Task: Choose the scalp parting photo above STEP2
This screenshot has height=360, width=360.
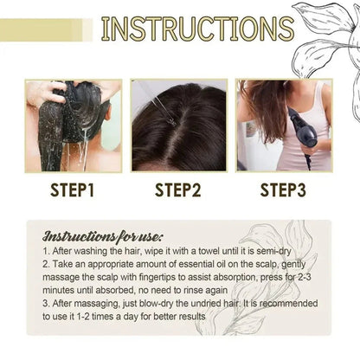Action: pyautogui.click(x=179, y=125)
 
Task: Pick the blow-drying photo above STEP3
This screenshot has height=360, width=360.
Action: pyautogui.click(x=285, y=125)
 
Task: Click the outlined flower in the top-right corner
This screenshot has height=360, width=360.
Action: pyautogui.click(x=329, y=35)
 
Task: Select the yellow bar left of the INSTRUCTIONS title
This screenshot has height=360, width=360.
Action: pyautogui.click(x=43, y=30)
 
